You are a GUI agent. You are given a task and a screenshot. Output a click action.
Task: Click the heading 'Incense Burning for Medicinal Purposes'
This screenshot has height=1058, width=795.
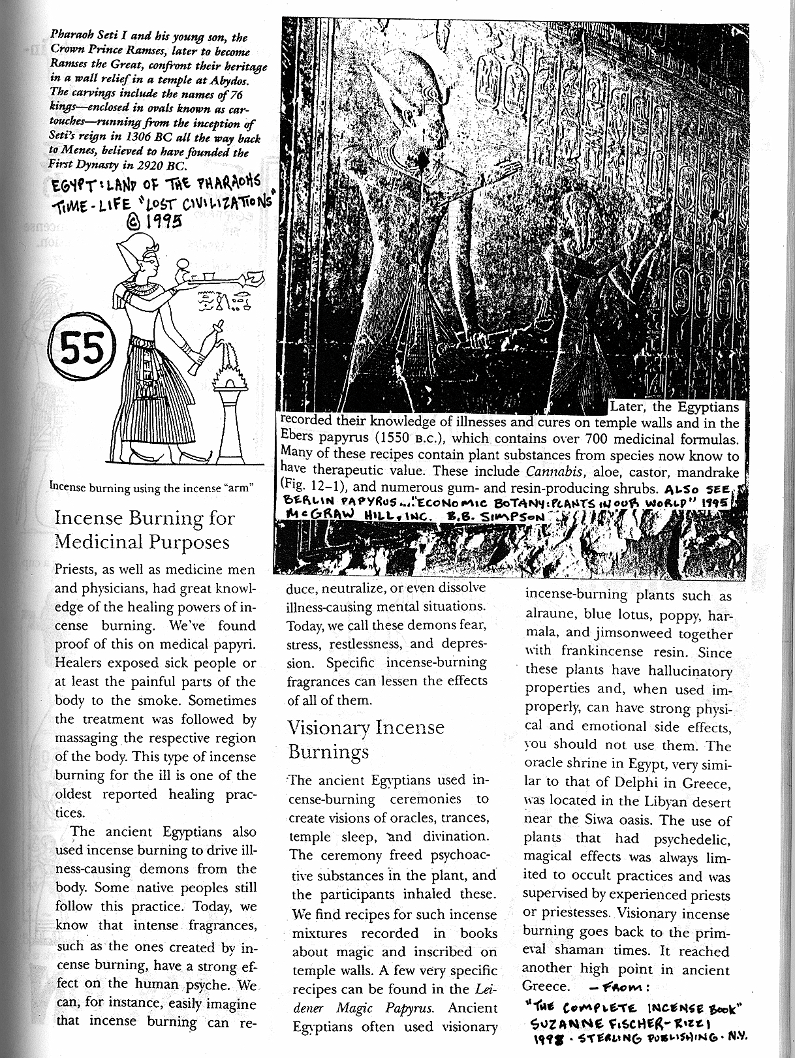click(144, 529)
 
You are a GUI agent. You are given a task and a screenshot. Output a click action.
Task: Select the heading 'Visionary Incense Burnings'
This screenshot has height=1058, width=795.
click(366, 739)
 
